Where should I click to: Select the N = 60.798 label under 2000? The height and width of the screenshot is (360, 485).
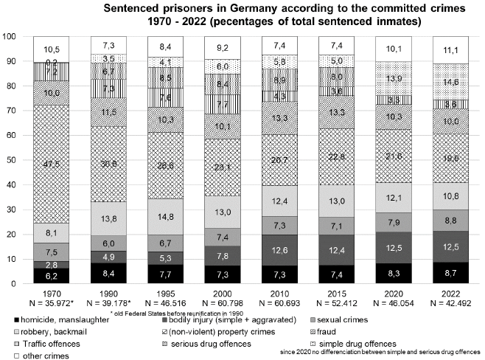(223, 302)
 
